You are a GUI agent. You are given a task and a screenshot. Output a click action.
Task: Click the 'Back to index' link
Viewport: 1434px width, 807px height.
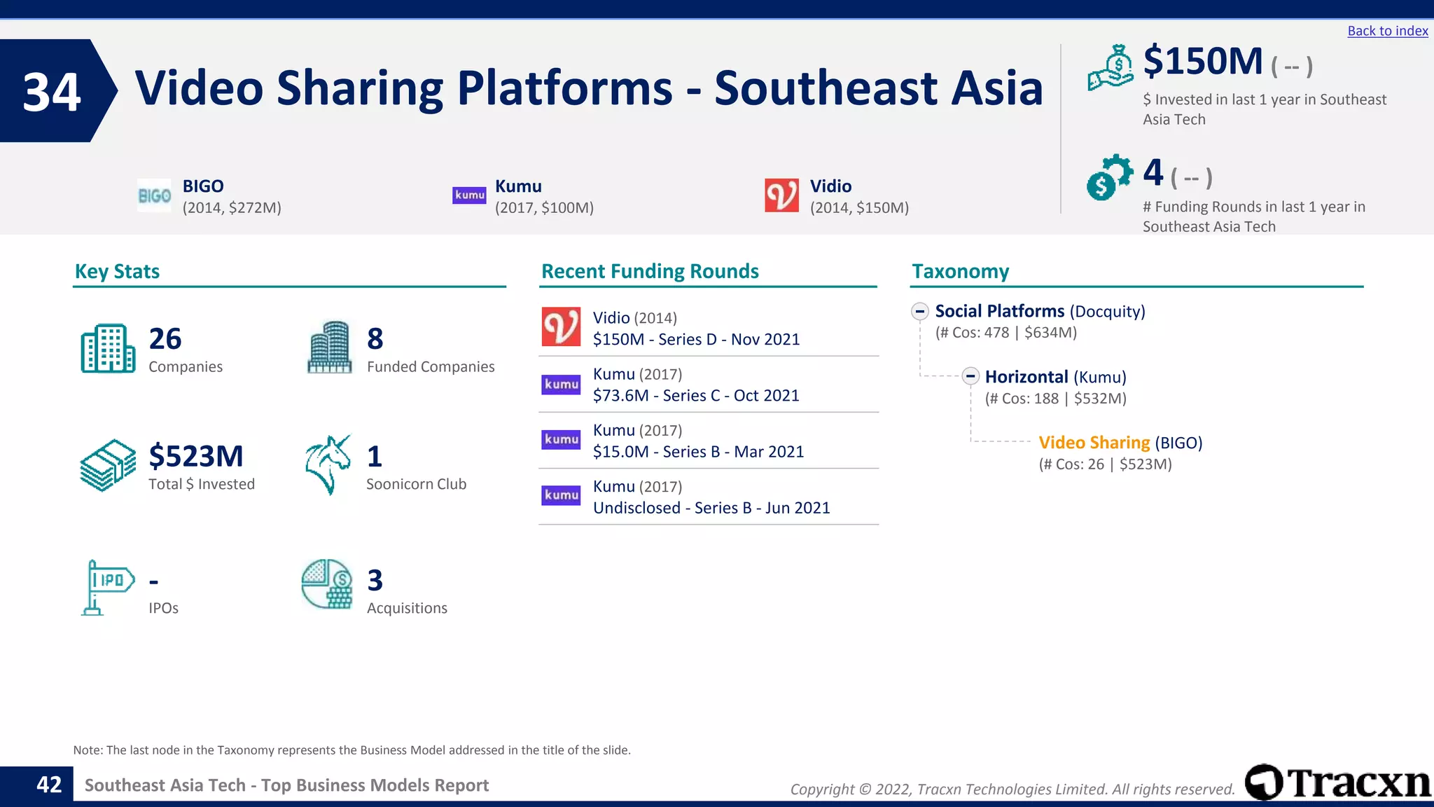click(1387, 31)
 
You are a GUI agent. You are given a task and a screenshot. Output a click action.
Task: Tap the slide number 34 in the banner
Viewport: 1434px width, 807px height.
click(52, 92)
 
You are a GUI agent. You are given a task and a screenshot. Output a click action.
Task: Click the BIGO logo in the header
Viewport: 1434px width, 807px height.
click(154, 196)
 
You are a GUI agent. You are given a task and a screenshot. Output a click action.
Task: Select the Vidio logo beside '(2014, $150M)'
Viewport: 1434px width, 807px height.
click(781, 195)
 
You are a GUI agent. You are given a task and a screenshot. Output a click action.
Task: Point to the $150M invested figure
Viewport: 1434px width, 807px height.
click(1202, 62)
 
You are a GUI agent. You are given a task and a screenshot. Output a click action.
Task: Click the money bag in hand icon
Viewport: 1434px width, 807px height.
click(1111, 67)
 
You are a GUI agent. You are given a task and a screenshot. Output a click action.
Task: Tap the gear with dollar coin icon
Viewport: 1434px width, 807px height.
click(1109, 177)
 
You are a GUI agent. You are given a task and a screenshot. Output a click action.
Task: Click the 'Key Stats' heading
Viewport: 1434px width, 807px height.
click(117, 272)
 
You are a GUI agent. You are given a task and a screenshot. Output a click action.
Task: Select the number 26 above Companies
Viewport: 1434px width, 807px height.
click(165, 339)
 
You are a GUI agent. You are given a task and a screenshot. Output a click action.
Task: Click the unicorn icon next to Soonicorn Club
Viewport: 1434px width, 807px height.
click(328, 464)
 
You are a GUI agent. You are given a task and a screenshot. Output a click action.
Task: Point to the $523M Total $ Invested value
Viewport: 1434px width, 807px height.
click(196, 457)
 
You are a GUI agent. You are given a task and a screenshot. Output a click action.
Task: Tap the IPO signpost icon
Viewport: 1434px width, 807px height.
click(107, 587)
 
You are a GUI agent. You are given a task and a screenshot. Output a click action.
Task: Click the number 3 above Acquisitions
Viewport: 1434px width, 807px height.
click(375, 581)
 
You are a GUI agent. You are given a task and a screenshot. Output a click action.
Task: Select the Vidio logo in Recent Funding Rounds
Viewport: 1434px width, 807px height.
click(561, 327)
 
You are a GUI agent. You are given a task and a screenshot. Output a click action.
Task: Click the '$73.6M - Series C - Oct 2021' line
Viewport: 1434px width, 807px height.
click(696, 396)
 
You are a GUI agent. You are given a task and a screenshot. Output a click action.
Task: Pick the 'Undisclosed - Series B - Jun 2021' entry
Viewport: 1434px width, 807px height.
click(711, 508)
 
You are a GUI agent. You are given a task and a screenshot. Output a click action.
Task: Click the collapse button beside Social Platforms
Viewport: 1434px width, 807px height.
click(920, 312)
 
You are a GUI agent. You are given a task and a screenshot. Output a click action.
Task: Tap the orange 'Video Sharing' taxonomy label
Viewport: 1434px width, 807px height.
click(1094, 443)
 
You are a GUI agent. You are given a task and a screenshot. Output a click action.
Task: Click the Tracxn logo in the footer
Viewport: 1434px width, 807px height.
click(1337, 782)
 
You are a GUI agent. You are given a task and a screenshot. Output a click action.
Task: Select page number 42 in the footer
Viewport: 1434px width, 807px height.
click(49, 785)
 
